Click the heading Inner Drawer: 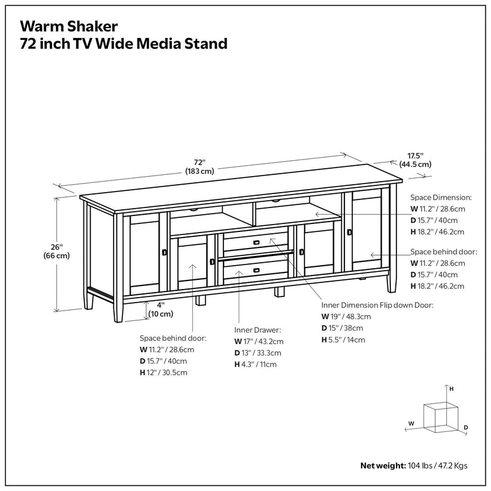[x=257, y=329]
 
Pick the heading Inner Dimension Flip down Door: [x=377, y=305]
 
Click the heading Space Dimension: [x=441, y=198]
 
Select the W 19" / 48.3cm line [x=346, y=317]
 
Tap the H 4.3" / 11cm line [x=255, y=364]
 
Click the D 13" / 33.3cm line [x=258, y=352]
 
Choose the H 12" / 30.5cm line [x=163, y=373]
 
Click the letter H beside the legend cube [x=452, y=389]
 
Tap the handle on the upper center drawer [x=254, y=241]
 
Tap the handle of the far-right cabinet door [x=349, y=232]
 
